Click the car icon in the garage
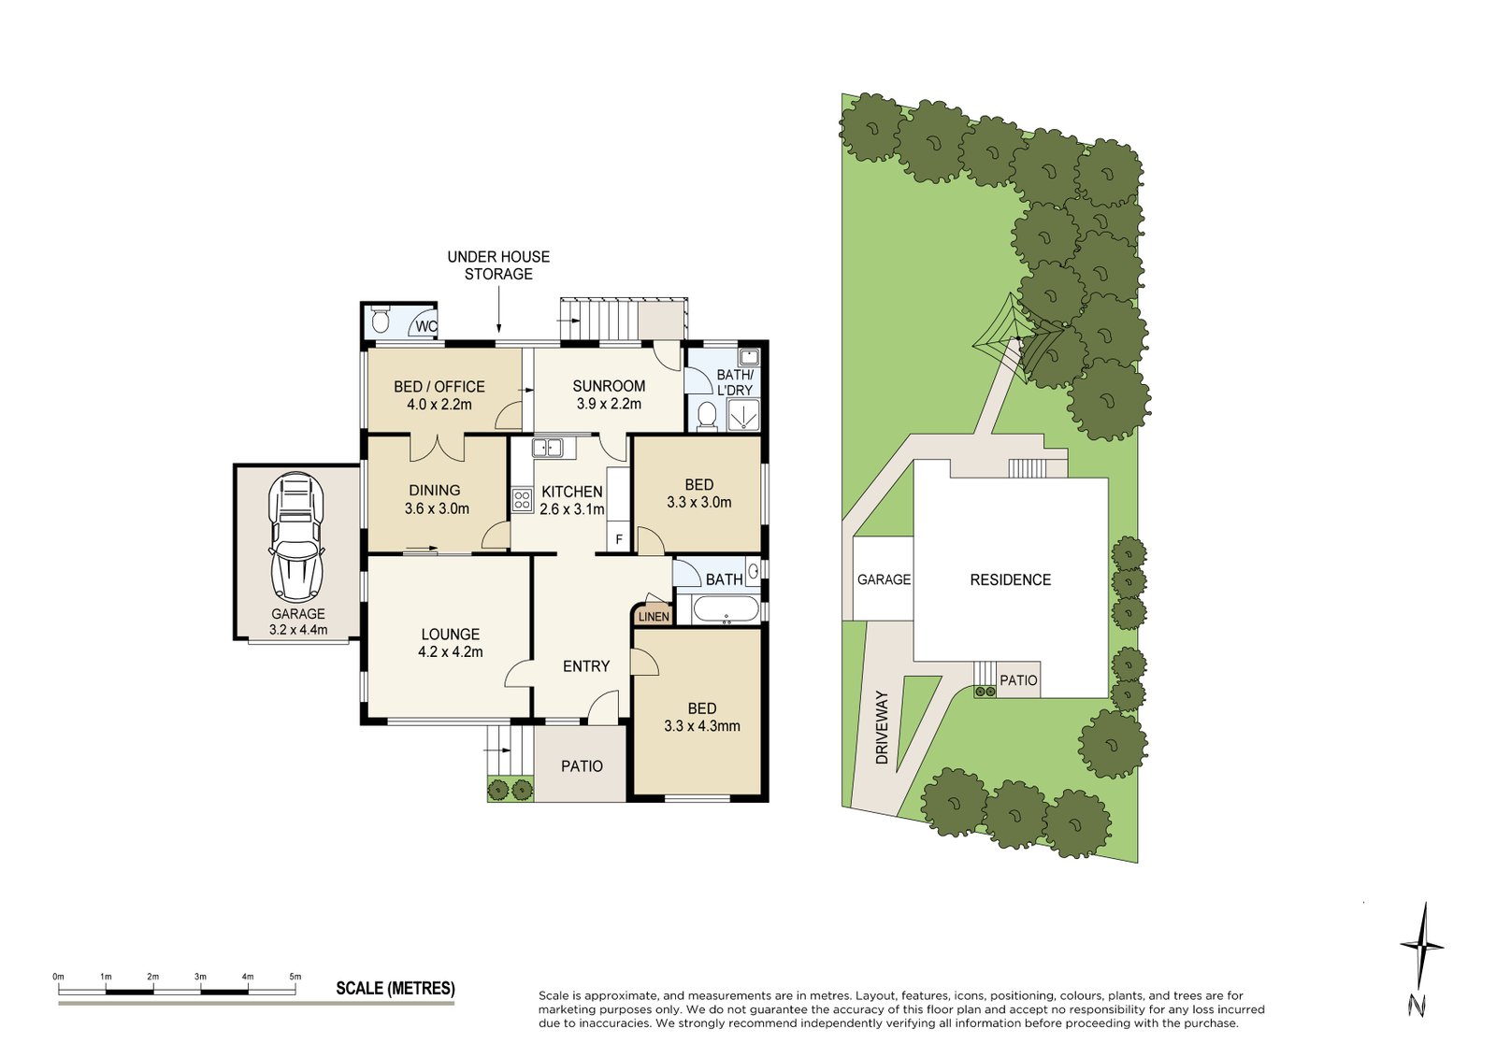[296, 536]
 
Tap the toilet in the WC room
[380, 321]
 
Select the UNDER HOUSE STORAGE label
[498, 265]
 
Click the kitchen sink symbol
[548, 448]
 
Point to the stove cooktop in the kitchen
[522, 500]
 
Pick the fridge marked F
[618, 539]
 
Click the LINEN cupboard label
[654, 616]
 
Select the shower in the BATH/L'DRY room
[744, 415]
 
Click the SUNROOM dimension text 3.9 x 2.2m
[609, 404]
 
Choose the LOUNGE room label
[450, 634]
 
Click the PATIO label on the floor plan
[582, 766]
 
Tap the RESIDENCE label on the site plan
[1010, 579]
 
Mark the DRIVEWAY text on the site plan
[882, 728]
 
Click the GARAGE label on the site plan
[884, 579]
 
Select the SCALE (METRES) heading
[396, 989]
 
